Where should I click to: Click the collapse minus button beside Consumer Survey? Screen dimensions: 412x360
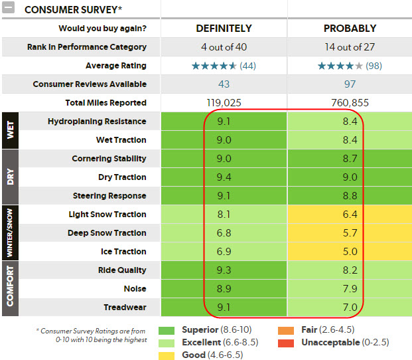pos(8,7)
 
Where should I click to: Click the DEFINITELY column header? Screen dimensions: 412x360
pos(224,29)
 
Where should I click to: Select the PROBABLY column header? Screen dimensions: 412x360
pos(350,29)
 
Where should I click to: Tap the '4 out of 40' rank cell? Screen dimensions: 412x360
pos(224,47)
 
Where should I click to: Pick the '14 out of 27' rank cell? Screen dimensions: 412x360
pos(350,47)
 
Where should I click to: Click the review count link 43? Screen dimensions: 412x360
pos(224,84)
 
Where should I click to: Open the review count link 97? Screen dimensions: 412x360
pos(350,84)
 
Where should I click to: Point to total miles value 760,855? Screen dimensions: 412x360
pos(350,102)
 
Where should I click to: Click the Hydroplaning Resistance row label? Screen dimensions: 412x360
pos(97,122)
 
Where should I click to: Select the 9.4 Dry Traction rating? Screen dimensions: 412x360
pos(224,177)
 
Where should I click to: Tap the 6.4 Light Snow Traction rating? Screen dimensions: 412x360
pos(350,215)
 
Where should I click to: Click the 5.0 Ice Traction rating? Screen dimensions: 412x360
pos(350,251)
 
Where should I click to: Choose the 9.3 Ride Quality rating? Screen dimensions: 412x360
pos(224,270)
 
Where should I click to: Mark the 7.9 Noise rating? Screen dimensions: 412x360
pos(350,289)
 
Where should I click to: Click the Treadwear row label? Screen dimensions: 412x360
pos(125,307)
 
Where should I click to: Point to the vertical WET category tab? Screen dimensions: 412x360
pos(10,130)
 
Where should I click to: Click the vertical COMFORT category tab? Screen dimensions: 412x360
pos(10,288)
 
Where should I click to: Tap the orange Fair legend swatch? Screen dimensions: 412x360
pos(286,331)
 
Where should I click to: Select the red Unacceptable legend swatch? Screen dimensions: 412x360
pos(286,343)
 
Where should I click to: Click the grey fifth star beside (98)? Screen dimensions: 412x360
pos(359,66)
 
